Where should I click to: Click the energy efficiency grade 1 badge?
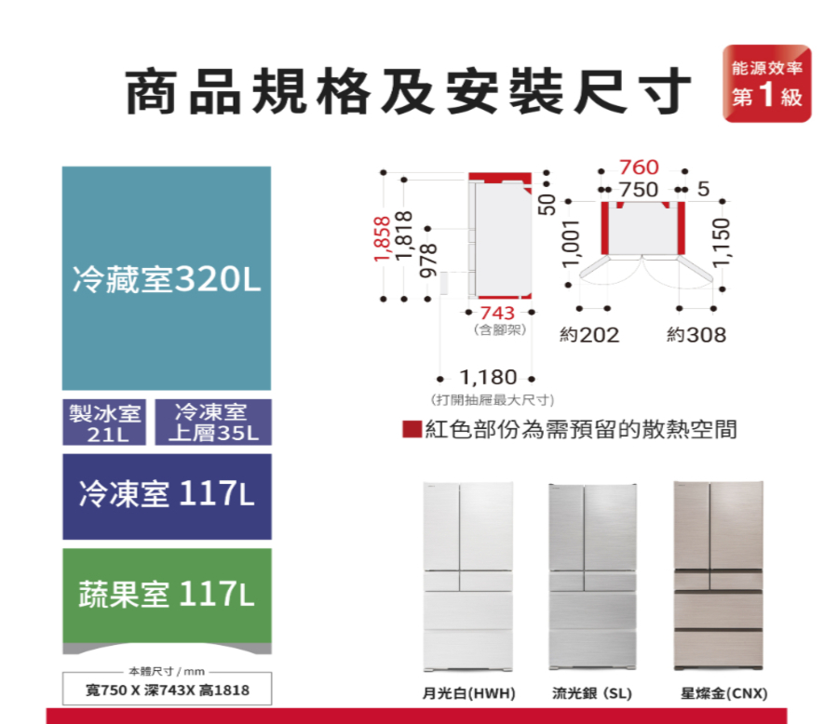pyautogui.click(x=766, y=84)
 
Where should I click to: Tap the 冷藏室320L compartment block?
pyautogui.click(x=167, y=278)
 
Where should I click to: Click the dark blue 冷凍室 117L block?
pyautogui.click(x=167, y=496)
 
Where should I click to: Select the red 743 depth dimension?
pyautogui.click(x=499, y=313)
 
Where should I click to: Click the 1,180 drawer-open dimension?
pyautogui.click(x=488, y=378)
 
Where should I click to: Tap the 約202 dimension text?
pyautogui.click(x=588, y=335)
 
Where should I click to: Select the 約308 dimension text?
pyautogui.click(x=696, y=335)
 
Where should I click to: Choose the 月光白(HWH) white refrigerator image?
pyautogui.click(x=466, y=574)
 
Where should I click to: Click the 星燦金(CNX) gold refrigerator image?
pyautogui.click(x=718, y=574)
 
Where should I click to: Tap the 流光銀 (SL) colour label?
pyautogui.click(x=592, y=694)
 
